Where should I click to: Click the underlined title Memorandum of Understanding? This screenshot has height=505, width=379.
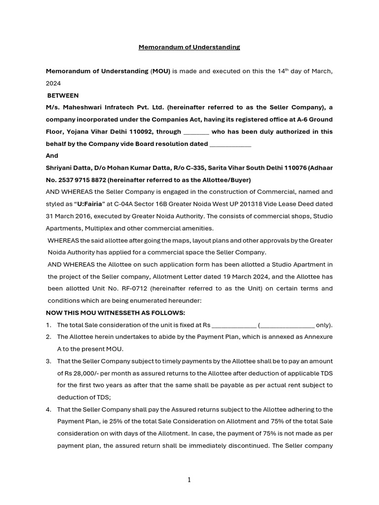point(189,47)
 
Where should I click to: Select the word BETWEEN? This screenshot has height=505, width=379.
point(63,96)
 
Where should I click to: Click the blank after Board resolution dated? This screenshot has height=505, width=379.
point(230,144)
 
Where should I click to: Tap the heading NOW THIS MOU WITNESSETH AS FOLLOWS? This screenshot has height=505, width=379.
point(115,313)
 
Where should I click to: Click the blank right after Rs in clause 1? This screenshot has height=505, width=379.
point(233,325)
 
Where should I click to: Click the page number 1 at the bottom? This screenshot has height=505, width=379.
point(189,480)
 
